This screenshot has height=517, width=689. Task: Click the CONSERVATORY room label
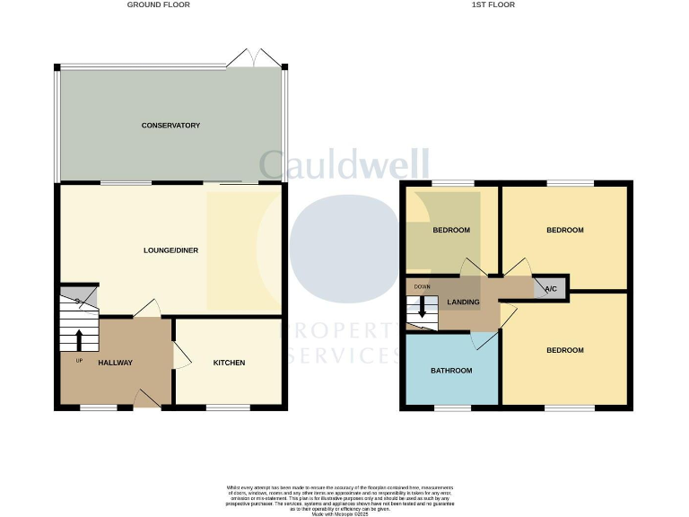pyautogui.click(x=170, y=126)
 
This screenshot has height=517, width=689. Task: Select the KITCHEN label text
pyautogui.click(x=229, y=363)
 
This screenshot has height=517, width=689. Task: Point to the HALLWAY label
pyautogui.click(x=115, y=363)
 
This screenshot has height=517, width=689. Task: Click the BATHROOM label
pyautogui.click(x=450, y=370)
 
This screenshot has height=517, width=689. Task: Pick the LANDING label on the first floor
pyautogui.click(x=463, y=302)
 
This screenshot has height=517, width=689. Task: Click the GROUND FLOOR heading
pyautogui.click(x=158, y=4)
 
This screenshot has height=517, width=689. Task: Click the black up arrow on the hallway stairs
pyautogui.click(x=79, y=340)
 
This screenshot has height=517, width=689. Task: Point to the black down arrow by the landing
pyautogui.click(x=422, y=309)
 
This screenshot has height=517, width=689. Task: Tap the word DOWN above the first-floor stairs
pyautogui.click(x=422, y=287)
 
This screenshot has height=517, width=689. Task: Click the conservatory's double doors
pyautogui.click(x=253, y=59)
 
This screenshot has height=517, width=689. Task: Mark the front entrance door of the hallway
pyautogui.click(x=147, y=399)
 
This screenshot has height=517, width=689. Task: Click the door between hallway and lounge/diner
pyautogui.click(x=146, y=309)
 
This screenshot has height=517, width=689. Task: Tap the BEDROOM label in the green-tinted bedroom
pyautogui.click(x=451, y=230)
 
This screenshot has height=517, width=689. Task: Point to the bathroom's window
pyautogui.click(x=452, y=407)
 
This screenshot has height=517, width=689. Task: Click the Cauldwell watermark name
pyautogui.click(x=344, y=165)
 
